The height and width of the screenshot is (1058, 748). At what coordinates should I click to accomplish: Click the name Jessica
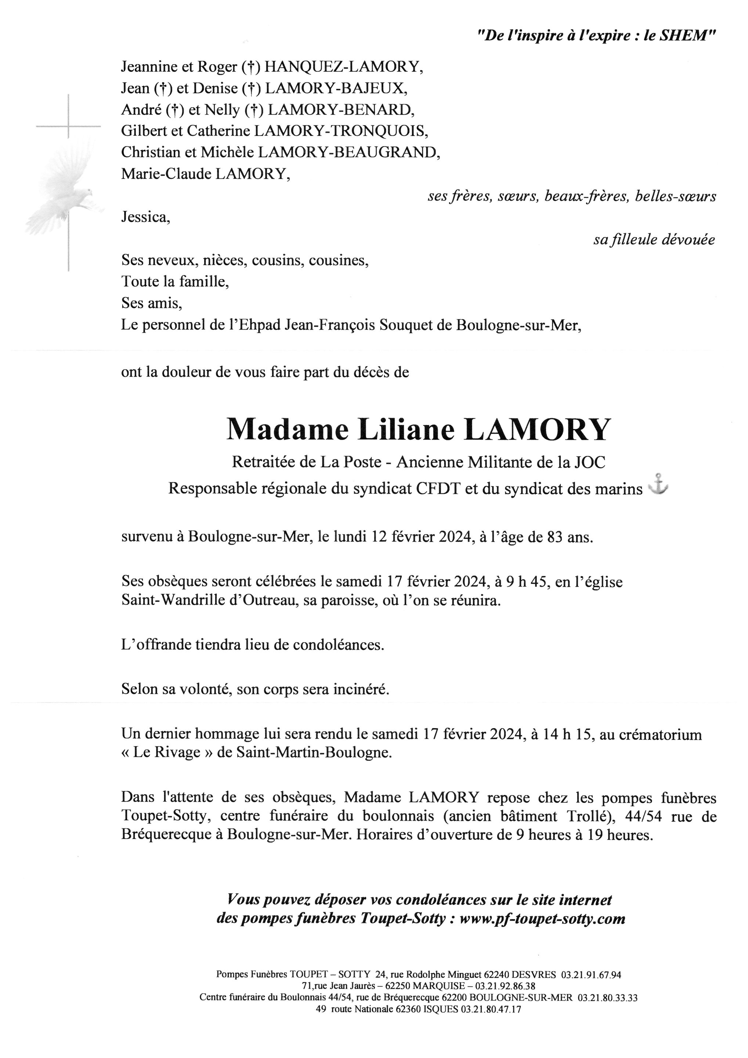pos(145,217)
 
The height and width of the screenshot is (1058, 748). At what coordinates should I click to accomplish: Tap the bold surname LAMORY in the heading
pos(538,430)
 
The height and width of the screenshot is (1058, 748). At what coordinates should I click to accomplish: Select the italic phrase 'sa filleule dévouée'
pos(654,240)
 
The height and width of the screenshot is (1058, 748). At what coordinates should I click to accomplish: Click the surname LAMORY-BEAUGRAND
pos(346,152)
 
